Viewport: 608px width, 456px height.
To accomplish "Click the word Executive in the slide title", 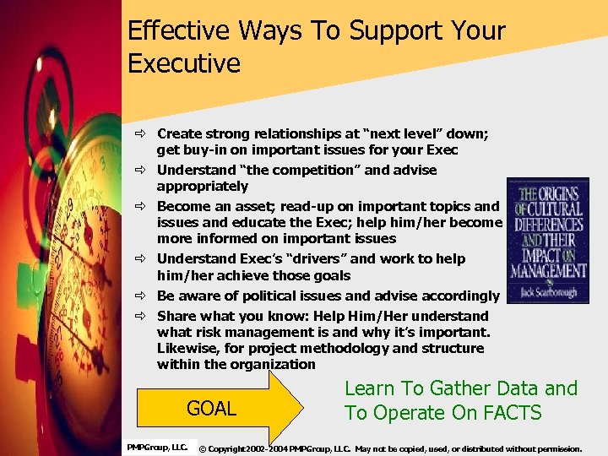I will (183, 62).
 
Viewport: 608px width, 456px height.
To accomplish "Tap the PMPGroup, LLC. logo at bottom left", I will (157, 447).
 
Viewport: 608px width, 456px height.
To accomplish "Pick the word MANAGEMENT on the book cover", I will (547, 270).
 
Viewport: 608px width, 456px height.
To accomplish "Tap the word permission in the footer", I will (554, 448).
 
